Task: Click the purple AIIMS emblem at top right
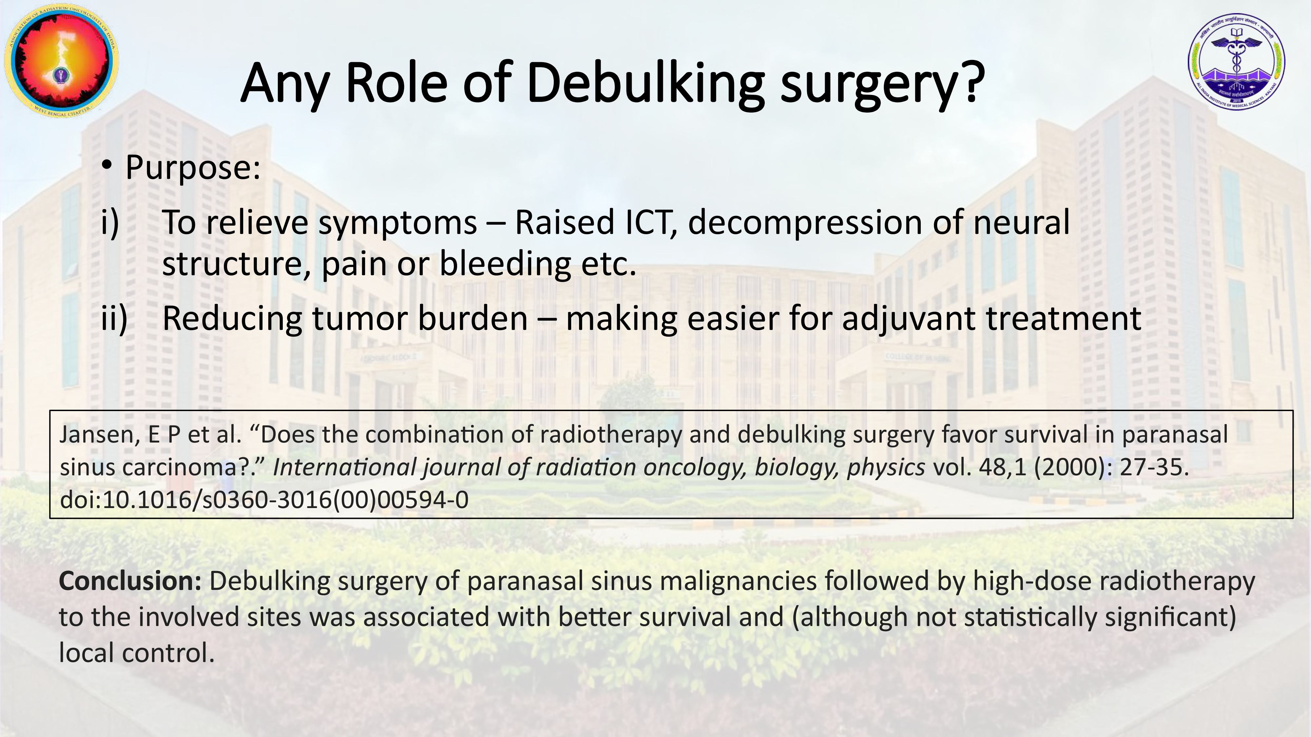click(x=1236, y=61)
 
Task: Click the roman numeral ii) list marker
click(x=114, y=318)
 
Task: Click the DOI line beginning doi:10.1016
click(x=264, y=500)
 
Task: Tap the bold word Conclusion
click(x=131, y=581)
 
